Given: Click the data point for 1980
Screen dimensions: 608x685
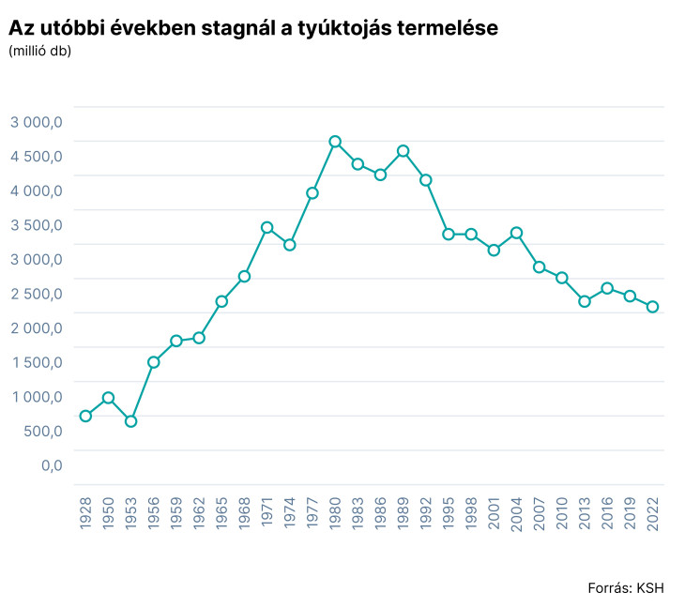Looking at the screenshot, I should click(335, 142).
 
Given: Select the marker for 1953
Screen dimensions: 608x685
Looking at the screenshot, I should click(131, 421).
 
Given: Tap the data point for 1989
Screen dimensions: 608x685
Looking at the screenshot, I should click(403, 151).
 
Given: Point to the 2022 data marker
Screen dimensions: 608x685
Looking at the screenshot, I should click(652, 307).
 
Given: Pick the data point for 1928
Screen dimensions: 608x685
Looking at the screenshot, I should click(85, 416).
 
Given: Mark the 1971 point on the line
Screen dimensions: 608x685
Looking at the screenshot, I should click(266, 227).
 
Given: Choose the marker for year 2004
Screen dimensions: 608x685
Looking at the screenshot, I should click(516, 233).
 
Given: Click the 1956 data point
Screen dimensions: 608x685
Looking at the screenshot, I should click(154, 362).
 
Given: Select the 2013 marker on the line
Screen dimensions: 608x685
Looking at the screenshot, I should click(585, 301).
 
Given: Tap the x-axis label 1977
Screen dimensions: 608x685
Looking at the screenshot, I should click(312, 513).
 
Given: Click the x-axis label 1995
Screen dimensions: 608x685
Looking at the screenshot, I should click(449, 513).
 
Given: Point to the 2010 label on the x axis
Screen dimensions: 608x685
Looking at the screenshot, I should click(562, 513).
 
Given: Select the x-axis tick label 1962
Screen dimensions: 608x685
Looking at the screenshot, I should click(199, 513).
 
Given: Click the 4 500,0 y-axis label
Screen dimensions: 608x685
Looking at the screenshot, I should click(37, 157).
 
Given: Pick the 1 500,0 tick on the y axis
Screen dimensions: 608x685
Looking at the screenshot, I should click(37, 362).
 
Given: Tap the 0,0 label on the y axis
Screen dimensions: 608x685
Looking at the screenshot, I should click(51, 465).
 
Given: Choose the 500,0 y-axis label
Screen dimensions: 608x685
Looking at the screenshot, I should click(42, 431).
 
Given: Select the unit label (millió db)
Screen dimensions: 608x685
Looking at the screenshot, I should click(39, 51).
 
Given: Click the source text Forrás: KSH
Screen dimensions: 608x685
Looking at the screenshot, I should click(625, 588).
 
